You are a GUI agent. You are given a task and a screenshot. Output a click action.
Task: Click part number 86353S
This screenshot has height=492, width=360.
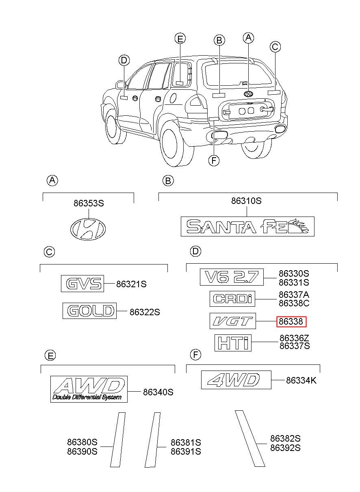89,204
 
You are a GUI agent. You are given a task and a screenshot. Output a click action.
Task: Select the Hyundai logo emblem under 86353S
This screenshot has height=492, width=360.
88,229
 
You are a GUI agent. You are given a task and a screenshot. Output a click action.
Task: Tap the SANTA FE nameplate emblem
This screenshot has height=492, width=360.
247,226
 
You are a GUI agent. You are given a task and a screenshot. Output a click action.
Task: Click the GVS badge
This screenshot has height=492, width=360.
82,284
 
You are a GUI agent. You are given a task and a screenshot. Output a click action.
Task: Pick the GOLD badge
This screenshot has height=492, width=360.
89,311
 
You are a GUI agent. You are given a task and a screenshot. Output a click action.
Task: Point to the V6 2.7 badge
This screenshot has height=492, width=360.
232,277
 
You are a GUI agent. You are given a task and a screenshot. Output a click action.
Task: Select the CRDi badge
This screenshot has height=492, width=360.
232,299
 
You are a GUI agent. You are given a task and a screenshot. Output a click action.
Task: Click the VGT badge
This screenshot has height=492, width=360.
233,321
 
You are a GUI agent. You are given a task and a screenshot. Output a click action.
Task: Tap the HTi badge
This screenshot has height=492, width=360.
233,343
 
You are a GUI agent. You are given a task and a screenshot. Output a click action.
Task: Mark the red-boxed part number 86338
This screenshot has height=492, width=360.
291,321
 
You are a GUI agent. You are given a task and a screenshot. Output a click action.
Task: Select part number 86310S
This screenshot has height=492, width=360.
247,201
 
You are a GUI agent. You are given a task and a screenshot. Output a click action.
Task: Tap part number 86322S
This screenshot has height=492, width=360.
145,312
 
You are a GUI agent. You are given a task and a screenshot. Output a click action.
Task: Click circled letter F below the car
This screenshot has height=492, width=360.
214,160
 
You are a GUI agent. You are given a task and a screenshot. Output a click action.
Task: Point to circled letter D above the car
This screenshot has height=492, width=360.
124,60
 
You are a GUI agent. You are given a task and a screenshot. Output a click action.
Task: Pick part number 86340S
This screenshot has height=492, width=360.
158,392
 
